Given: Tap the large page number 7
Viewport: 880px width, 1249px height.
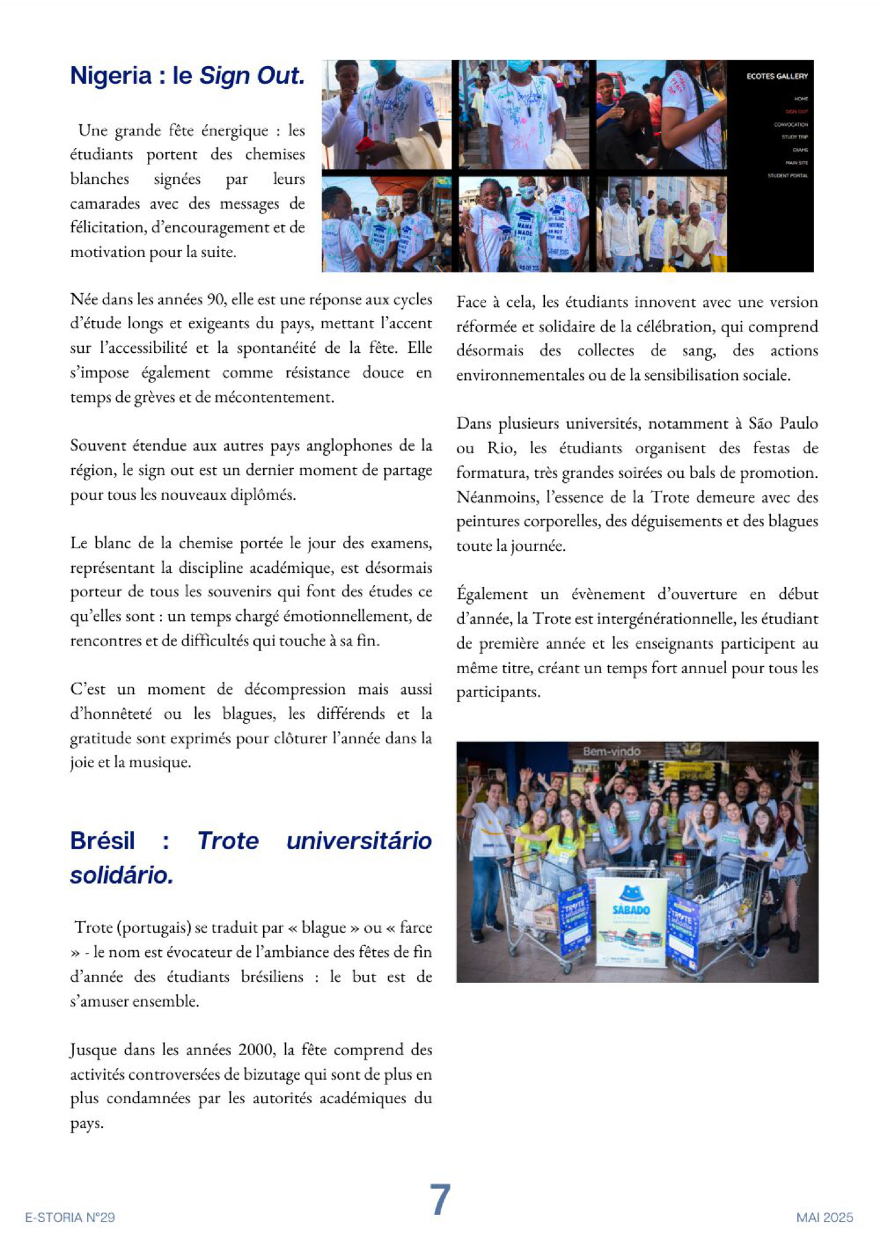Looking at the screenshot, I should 440,1199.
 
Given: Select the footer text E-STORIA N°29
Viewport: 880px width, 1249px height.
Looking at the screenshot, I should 70,1217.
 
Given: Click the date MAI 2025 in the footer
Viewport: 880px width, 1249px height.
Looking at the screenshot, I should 825,1217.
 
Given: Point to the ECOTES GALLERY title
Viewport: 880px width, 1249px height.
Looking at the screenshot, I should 776,76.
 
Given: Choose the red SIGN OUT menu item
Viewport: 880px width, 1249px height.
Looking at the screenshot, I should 796,111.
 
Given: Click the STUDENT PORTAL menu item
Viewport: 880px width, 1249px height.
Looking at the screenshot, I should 787,176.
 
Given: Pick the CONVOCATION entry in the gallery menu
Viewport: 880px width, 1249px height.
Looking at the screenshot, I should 791,124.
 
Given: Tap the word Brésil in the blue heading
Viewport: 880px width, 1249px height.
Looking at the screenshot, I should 102,841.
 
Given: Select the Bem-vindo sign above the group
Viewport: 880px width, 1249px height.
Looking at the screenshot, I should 611,751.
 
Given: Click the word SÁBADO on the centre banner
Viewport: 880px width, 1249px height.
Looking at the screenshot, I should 630,910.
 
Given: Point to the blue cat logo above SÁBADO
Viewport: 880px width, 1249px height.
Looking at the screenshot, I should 630,892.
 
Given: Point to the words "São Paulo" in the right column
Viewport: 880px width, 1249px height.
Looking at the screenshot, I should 783,423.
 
